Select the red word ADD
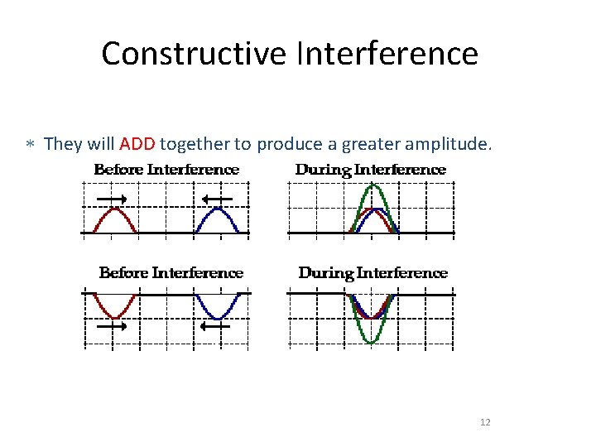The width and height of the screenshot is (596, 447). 137,144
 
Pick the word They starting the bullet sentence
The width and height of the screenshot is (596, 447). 61,144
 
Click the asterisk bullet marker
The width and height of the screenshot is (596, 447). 29,145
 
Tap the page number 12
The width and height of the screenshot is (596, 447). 485,423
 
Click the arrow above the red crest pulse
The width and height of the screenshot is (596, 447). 111,199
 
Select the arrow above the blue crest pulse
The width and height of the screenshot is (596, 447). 217,199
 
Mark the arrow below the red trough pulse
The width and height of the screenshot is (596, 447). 111,327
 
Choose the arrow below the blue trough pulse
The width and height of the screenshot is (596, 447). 217,327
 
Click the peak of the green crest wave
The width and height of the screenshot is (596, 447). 373,186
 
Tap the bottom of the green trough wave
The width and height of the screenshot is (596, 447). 372,341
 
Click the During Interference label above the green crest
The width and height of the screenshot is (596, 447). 371,170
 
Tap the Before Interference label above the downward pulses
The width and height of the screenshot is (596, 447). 171,272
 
